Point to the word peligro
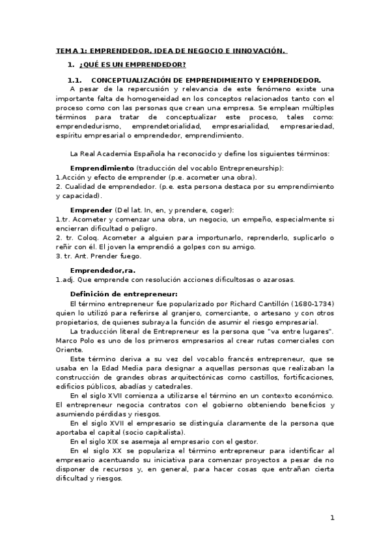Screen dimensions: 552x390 pos(144,228)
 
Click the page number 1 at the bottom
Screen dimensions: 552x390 pos(332,518)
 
